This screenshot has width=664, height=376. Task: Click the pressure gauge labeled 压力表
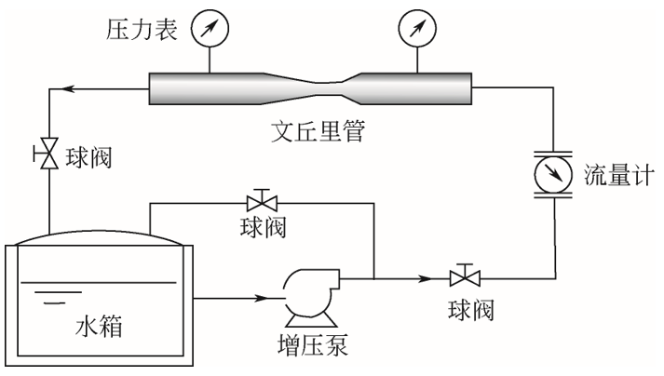click(x=210, y=28)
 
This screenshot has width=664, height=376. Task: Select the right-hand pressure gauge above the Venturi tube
click(x=417, y=28)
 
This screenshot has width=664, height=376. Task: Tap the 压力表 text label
click(x=142, y=29)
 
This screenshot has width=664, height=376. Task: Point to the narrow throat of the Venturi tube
click(x=329, y=88)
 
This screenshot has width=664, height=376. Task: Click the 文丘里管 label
click(x=318, y=131)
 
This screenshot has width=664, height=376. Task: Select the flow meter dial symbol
click(x=553, y=174)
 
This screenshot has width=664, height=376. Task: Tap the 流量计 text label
click(x=618, y=174)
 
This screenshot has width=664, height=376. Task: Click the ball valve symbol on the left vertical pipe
click(x=47, y=154)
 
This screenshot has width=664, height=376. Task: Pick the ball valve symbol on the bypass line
click(x=262, y=201)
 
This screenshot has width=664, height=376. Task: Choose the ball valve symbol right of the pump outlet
click(x=465, y=275)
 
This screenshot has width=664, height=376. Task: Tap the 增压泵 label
click(x=313, y=344)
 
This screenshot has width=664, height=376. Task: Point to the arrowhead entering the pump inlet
click(x=262, y=298)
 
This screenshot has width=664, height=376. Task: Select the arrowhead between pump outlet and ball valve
click(x=425, y=278)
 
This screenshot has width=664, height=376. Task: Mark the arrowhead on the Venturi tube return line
click(x=68, y=89)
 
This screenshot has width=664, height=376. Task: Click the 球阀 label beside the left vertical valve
click(x=88, y=158)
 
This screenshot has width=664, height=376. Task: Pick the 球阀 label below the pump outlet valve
click(x=471, y=310)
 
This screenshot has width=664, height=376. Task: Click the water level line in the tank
click(x=98, y=282)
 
